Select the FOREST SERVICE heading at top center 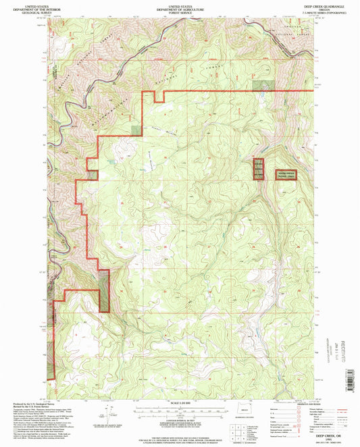point(179,12)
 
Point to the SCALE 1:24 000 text point(178,404)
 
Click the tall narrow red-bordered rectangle point(258,168)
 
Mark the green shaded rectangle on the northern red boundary point(263,85)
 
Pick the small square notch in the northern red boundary point(159,97)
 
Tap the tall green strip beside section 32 point(104,290)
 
